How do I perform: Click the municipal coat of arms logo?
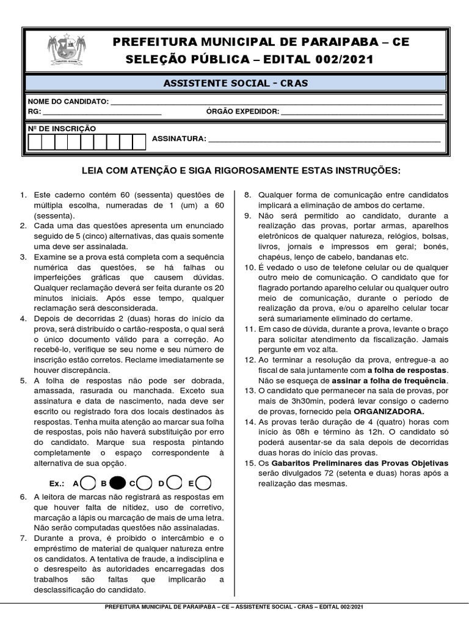[x=68, y=51]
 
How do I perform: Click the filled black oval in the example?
[x=119, y=483]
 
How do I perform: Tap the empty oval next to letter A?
[x=87, y=483]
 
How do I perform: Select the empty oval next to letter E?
[x=203, y=483]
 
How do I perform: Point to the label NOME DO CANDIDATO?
[x=68, y=101]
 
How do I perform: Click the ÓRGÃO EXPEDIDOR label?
[x=242, y=112]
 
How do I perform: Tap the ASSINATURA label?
[x=179, y=139]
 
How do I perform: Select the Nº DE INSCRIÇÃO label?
[x=62, y=129]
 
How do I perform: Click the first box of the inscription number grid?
[x=35, y=142]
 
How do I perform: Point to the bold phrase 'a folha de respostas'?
[x=407, y=370]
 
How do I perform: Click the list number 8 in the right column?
[x=248, y=195]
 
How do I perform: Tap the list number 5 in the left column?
[x=23, y=380]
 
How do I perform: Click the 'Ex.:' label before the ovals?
[x=57, y=483]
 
